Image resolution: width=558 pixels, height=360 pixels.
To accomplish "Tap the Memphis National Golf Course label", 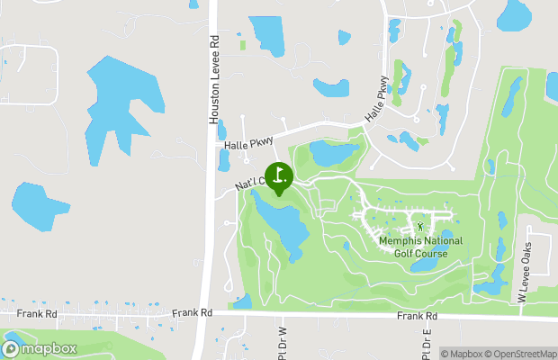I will tap(420, 247).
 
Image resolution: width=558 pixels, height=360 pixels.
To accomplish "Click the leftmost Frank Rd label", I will tap(37, 313).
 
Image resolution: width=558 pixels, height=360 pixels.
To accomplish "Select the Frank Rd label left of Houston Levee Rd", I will tap(192, 313).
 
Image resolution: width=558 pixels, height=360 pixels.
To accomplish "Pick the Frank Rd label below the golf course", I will tap(418, 317).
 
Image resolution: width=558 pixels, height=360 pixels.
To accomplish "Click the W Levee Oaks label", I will tap(527, 271).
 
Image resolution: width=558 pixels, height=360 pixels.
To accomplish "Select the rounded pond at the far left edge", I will tap(39, 205).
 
